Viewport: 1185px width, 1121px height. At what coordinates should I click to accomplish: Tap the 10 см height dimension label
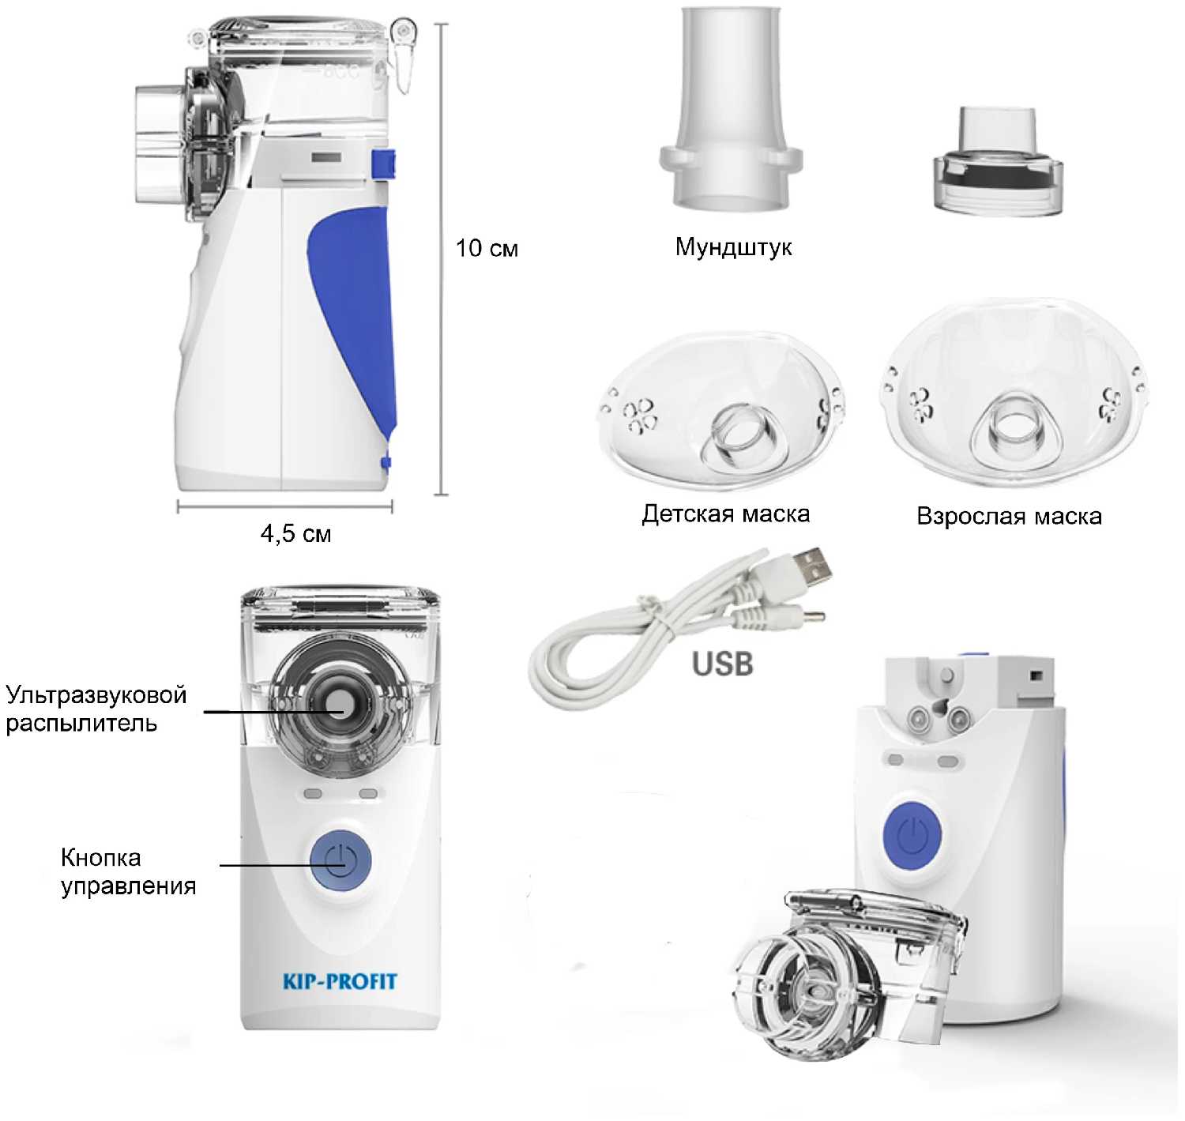click(487, 248)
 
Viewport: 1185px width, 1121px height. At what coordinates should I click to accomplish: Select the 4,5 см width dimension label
click(296, 533)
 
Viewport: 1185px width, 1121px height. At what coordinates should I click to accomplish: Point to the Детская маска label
click(725, 514)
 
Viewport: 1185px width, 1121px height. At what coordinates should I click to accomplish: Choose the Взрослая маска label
click(1009, 517)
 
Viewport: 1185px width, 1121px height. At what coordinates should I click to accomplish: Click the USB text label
click(722, 664)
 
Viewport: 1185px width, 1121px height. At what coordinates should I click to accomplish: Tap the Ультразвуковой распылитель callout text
click(96, 709)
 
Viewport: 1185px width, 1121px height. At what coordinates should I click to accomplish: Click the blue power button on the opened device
click(912, 835)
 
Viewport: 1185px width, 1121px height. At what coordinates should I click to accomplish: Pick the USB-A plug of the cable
click(811, 566)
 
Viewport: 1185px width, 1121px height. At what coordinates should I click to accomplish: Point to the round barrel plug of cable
click(795, 617)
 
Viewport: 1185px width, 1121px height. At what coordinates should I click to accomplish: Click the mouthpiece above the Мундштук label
click(731, 108)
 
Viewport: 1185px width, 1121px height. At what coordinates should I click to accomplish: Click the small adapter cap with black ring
click(998, 161)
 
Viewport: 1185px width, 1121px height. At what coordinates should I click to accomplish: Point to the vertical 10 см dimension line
click(441, 259)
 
